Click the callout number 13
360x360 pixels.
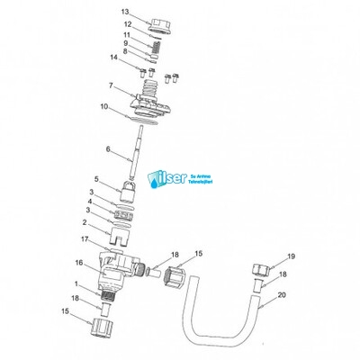126,11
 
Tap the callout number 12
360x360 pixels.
127,23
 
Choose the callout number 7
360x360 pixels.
111,85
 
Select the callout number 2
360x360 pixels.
85,222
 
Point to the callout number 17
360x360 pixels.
85,239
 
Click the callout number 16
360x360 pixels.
78,262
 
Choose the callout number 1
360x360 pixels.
76,283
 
